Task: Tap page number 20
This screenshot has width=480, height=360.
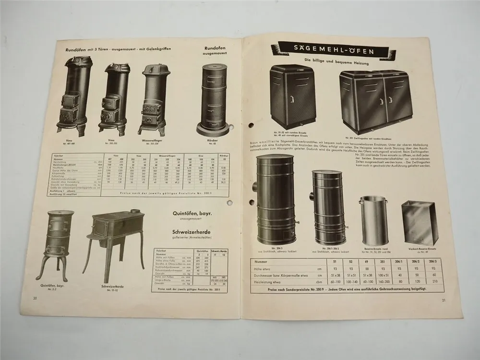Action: click(35, 298)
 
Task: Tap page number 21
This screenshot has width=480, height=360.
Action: click(443, 301)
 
